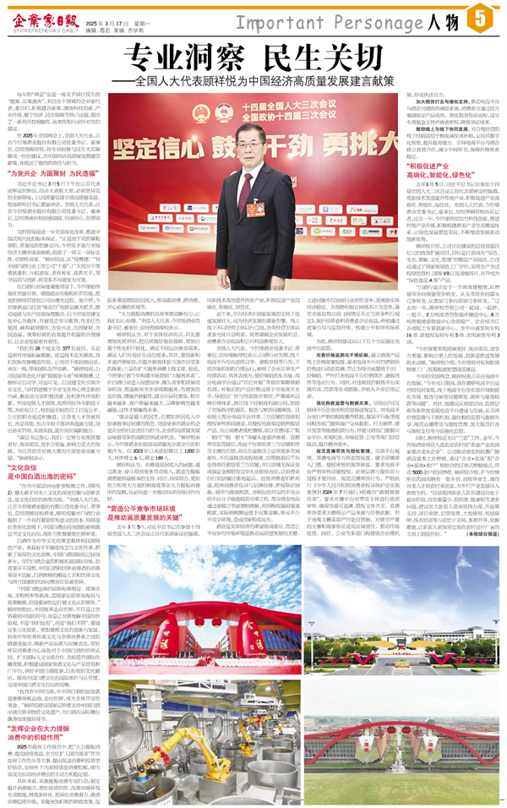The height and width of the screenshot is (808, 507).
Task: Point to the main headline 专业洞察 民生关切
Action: click(253, 56)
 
